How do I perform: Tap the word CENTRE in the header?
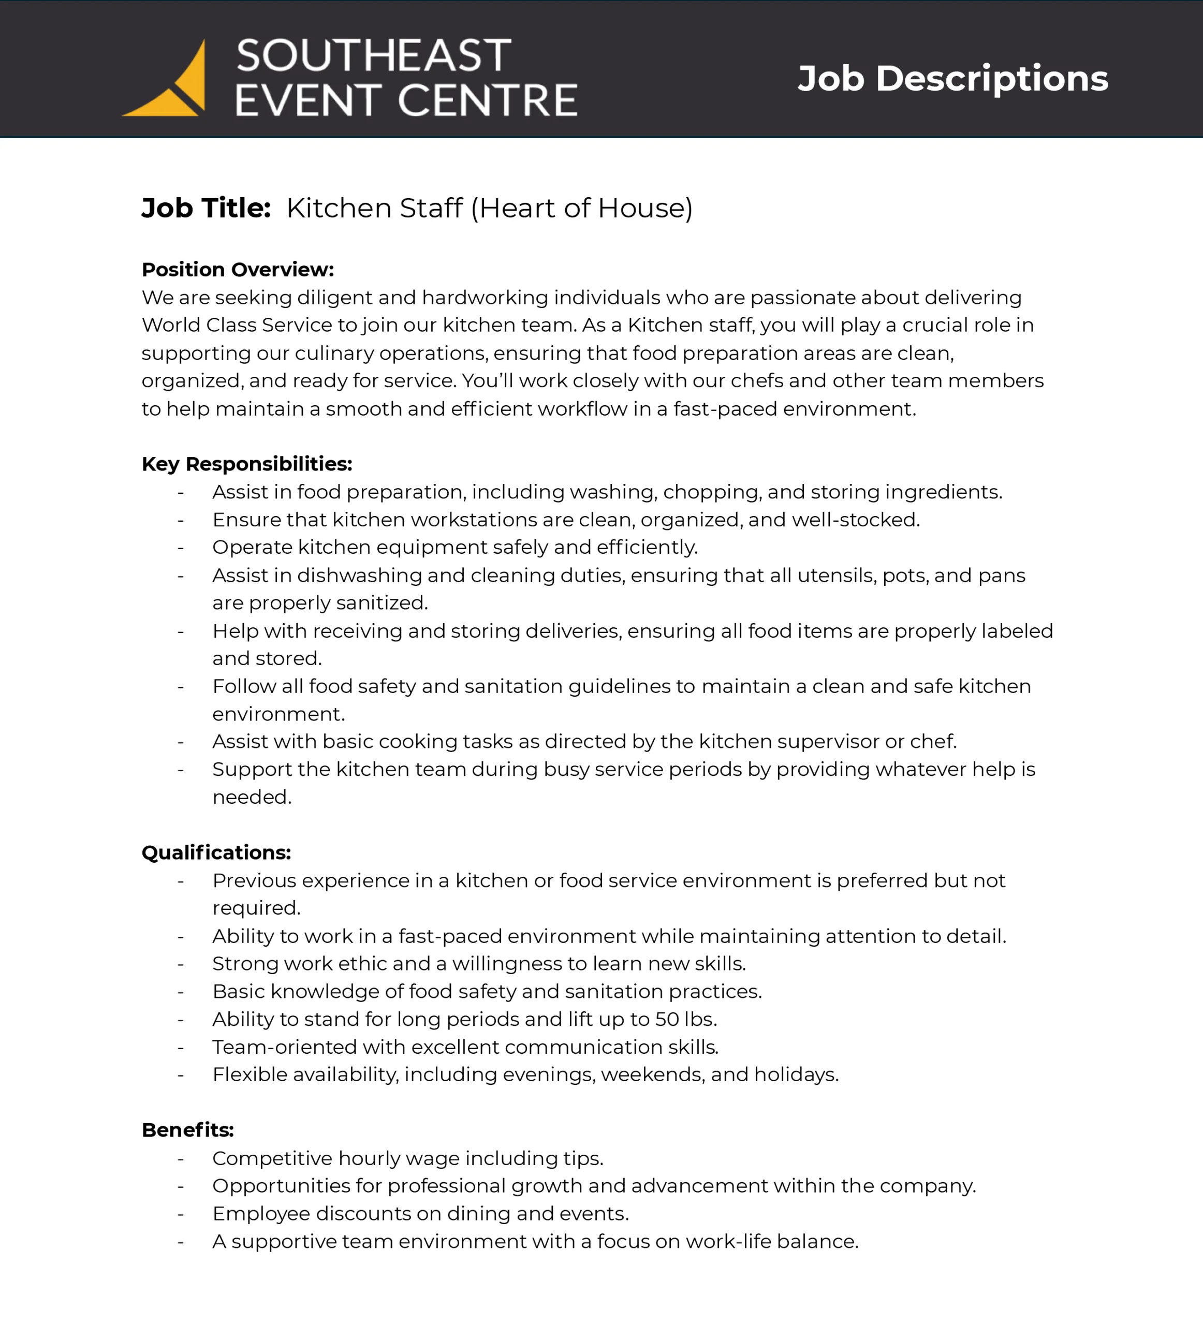point(487,100)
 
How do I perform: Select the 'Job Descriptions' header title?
point(952,78)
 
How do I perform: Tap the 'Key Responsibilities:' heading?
point(247,464)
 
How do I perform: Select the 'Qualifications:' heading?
point(216,852)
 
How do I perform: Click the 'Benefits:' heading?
point(188,1130)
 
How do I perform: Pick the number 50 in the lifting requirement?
point(667,1020)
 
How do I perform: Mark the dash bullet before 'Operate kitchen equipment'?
point(181,548)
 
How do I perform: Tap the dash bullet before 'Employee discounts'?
point(181,1214)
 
